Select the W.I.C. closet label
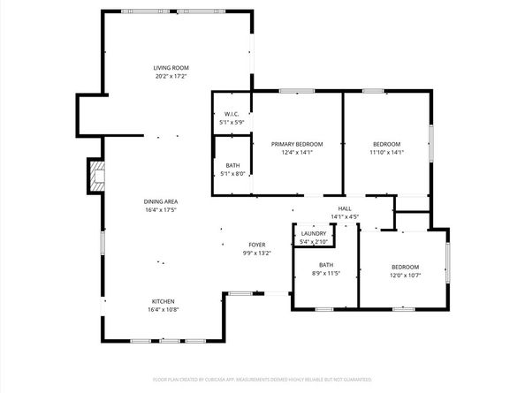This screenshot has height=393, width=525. [x=232, y=113]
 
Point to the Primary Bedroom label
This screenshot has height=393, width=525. [x=296, y=144]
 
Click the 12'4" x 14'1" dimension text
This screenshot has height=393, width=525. [x=296, y=152]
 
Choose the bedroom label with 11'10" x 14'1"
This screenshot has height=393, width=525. [x=386, y=144]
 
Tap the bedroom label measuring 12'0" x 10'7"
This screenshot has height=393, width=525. [x=406, y=267]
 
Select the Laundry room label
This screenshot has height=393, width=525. [x=314, y=233]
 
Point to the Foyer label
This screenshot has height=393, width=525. [x=256, y=245]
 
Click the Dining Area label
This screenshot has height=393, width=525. [x=160, y=201]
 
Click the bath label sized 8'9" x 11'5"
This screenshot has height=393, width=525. [x=326, y=265]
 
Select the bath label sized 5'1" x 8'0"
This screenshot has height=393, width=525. [x=232, y=165]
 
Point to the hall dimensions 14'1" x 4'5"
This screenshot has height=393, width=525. [x=344, y=216]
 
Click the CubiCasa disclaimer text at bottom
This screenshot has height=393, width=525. [x=262, y=378]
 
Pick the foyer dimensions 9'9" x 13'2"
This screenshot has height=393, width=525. [x=256, y=253]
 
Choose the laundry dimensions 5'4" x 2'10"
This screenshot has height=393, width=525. [x=314, y=241]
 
